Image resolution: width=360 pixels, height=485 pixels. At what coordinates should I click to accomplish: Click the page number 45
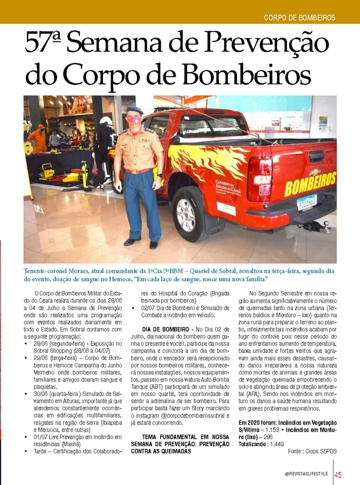338,474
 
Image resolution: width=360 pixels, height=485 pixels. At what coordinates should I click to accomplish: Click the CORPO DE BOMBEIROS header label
300,18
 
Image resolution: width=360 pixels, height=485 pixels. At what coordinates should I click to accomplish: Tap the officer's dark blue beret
134,109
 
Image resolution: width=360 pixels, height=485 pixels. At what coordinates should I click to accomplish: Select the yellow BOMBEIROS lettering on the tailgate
310,184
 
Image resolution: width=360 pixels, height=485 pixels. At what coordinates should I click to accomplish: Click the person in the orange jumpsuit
38,138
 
